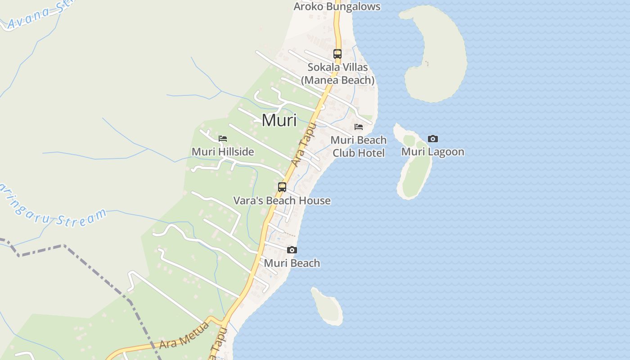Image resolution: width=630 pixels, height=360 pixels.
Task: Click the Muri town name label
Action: (x=279, y=120)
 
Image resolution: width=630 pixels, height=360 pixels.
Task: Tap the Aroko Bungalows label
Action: (x=337, y=7)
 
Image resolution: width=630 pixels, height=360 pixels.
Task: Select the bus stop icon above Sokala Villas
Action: (x=337, y=54)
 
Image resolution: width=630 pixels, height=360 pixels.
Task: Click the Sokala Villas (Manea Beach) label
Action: (x=337, y=74)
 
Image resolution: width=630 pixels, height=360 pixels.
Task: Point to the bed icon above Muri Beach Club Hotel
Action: (x=359, y=127)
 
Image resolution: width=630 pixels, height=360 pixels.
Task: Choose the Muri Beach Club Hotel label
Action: (x=359, y=146)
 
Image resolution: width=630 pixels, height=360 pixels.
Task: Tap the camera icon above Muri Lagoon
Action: (x=433, y=139)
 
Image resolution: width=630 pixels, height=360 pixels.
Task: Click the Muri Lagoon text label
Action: (x=432, y=152)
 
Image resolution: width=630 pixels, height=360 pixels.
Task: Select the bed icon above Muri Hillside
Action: (x=223, y=139)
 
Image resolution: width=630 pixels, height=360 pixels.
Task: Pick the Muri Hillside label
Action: (x=223, y=152)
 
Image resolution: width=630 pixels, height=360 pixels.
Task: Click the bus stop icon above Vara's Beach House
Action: (x=282, y=187)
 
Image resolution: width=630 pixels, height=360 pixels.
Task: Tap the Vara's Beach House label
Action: (x=282, y=201)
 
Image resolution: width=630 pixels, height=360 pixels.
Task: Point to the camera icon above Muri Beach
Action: (x=292, y=250)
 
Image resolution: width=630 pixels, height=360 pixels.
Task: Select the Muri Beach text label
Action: (x=292, y=263)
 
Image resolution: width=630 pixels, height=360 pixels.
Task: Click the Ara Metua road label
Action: (x=184, y=335)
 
